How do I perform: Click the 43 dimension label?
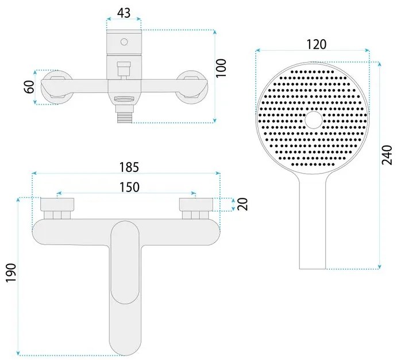click(x=124, y=13)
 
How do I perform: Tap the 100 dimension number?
click(x=221, y=68)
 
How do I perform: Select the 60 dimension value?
click(x=30, y=87)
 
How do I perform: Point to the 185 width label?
click(x=129, y=167)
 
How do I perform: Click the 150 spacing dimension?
click(x=129, y=187)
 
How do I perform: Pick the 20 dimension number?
click(x=242, y=204)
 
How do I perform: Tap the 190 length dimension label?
click(x=11, y=273)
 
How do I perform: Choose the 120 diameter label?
click(x=317, y=45)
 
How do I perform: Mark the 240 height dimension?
click(x=387, y=155)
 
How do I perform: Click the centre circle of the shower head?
click(x=314, y=120)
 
